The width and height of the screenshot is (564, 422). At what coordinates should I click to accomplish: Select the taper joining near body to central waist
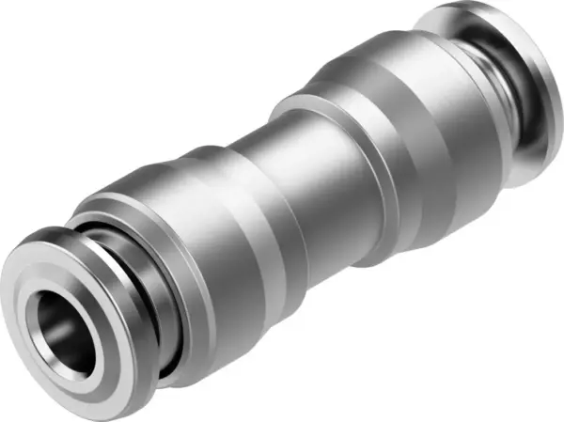pos(254,188)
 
